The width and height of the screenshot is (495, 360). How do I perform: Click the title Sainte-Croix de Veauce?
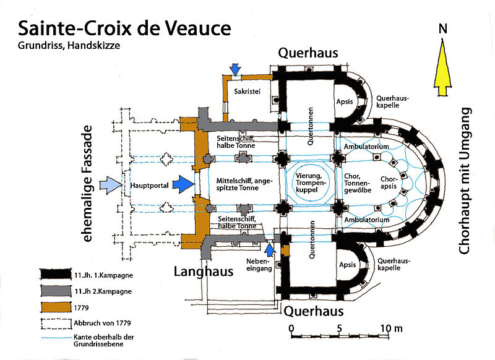pyautogui.click(x=124, y=29)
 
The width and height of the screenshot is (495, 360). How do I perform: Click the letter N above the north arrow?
pyautogui.click(x=443, y=28)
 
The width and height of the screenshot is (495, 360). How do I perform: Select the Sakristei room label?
pyautogui.click(x=247, y=91)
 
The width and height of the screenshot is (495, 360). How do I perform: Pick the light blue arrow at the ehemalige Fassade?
pyautogui.click(x=110, y=184)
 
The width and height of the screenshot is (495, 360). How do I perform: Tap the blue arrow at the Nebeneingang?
pyautogui.click(x=270, y=249)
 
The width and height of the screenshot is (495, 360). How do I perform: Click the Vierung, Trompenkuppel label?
pyautogui.click(x=309, y=184)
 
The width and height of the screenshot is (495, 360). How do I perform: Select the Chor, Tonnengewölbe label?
pyautogui.click(x=356, y=184)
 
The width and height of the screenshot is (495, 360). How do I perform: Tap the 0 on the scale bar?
pyautogui.click(x=291, y=327)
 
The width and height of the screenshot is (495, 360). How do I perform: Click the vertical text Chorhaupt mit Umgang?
pyautogui.click(x=465, y=181)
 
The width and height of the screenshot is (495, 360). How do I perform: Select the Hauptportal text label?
pyautogui.click(x=145, y=184)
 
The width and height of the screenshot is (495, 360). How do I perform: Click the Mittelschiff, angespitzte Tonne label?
pyautogui.click(x=240, y=184)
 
